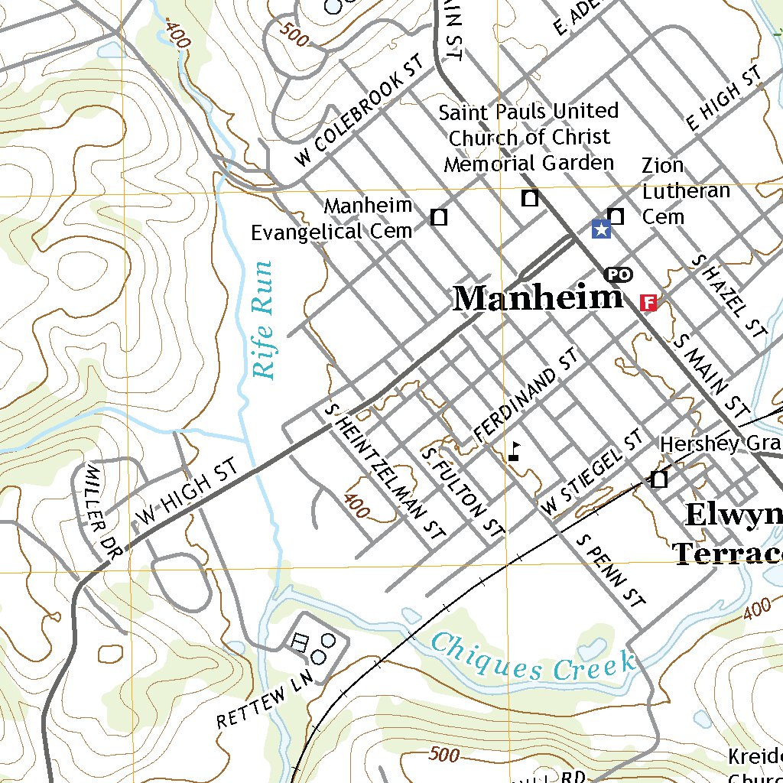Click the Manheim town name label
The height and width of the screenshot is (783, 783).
click(x=538, y=298)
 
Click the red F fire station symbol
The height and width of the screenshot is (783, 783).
click(x=648, y=303)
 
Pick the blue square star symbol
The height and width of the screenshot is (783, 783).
click(x=601, y=228)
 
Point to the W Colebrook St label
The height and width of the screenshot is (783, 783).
click(x=360, y=110)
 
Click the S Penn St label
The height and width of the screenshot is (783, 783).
click(x=611, y=570)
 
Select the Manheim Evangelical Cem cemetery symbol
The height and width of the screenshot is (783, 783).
click(x=439, y=218)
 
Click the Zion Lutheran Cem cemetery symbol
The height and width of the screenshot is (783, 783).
click(x=616, y=216)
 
